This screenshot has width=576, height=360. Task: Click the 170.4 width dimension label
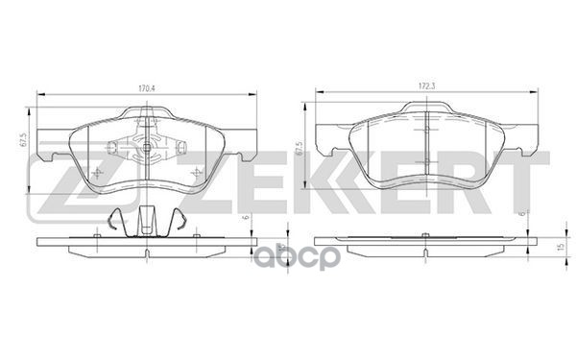[x=147, y=88]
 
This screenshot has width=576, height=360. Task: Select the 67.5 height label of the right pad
[x=300, y=149]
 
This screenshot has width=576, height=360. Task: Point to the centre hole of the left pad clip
[x=146, y=148]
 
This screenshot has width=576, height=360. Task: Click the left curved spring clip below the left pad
[x=116, y=220]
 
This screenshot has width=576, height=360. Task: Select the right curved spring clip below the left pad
[x=178, y=220]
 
